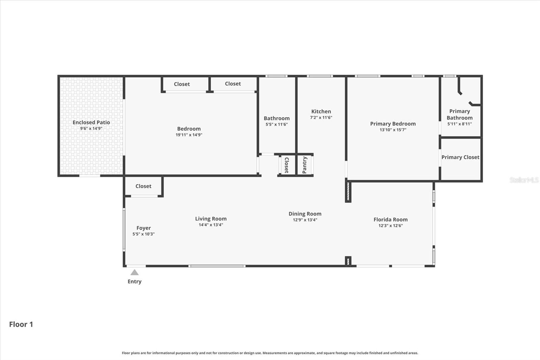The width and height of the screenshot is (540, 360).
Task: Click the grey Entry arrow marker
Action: coord(134,272)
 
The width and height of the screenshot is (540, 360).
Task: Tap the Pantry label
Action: coord(304,165)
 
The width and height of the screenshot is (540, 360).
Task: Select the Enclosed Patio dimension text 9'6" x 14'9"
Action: coord(91,129)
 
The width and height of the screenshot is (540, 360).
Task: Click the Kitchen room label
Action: coord(321,111)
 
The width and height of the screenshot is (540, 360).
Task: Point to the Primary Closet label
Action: coord(460,157)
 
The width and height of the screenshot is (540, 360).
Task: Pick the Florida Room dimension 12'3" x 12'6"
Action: coord(390,226)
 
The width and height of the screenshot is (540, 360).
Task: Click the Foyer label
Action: coord(143,228)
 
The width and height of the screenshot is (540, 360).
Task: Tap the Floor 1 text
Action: coord(21,324)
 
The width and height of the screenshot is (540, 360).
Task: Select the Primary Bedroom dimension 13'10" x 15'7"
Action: coord(393,130)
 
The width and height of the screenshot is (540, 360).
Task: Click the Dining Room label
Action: coord(305,214)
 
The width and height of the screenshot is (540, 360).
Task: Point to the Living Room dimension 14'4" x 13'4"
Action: coord(211,225)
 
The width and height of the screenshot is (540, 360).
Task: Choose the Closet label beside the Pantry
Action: coord(287,165)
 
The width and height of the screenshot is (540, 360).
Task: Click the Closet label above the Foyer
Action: coord(143,186)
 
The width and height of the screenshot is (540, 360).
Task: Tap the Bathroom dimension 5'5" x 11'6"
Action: coord(276,124)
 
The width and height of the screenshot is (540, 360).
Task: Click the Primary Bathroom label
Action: coord(459,114)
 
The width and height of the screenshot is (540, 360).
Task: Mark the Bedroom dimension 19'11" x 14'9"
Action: coord(189,135)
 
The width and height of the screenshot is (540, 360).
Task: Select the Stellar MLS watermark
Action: coord(524,180)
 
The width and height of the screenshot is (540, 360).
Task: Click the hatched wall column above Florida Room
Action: coord(348,192)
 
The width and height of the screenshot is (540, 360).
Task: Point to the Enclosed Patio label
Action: coord(91,122)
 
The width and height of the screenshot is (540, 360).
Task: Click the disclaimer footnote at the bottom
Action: coord(270,353)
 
